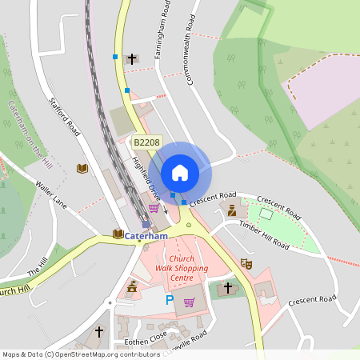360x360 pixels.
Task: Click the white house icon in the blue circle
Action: pos(180,172)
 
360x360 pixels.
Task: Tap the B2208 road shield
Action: pos(146,142)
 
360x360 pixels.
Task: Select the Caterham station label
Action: pos(146,237)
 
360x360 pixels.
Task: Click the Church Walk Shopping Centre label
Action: pos(182,269)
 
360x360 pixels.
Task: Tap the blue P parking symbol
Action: pos(169,300)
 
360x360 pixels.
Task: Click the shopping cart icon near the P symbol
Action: pos(190,302)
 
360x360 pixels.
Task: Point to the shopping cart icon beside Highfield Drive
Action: pos(153,208)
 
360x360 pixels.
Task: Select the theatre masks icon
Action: pos(246,262)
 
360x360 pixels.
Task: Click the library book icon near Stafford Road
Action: pos(81,168)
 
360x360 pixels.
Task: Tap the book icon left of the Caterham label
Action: pos(118,234)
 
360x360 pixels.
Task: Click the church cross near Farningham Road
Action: pos(132,58)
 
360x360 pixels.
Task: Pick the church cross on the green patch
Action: pos(228,286)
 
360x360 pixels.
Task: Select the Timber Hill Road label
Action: pos(264,236)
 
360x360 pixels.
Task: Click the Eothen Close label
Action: pos(146,337)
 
